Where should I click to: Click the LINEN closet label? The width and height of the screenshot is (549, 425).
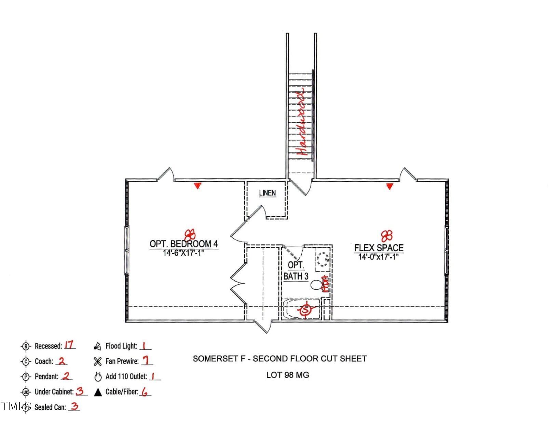(267, 193)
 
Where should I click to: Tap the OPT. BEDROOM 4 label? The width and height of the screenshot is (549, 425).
(183, 244)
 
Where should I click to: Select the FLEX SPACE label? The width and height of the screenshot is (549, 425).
(379, 247)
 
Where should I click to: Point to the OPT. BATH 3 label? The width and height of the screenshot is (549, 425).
(296, 271)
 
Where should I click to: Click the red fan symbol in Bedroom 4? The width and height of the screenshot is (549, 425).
(190, 234)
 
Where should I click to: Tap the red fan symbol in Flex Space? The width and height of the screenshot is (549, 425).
(387, 235)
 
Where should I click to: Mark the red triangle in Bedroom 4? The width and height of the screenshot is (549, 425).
(197, 186)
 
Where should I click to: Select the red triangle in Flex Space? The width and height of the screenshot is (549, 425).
(390, 186)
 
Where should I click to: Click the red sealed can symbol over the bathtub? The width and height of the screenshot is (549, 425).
(306, 310)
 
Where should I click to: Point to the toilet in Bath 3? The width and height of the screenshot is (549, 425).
(317, 285)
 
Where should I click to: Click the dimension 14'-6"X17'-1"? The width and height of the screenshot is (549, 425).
(183, 253)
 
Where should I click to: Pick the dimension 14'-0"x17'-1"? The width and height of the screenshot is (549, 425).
(378, 257)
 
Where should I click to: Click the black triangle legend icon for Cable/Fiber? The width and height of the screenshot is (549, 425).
(98, 392)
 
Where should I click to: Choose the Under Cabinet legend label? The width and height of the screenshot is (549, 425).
(54, 392)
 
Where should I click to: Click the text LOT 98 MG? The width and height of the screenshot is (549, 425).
(288, 375)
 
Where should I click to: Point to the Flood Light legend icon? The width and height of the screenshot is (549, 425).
(97, 347)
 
